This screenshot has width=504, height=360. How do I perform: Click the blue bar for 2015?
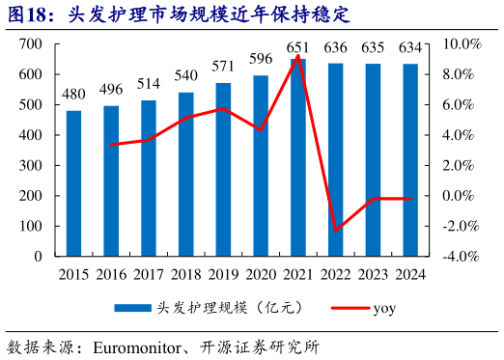click(x=73, y=183)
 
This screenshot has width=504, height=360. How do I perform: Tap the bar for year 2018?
click(x=185, y=174)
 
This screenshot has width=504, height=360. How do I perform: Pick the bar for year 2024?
click(x=410, y=160)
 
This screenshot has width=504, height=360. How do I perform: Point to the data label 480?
click(x=73, y=95)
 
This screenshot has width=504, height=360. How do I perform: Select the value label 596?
click(x=261, y=59)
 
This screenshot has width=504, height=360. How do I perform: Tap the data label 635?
click(x=373, y=47)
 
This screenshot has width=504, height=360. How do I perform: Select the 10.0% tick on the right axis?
click(x=462, y=44)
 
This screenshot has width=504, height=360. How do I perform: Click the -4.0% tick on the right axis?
click(x=462, y=257)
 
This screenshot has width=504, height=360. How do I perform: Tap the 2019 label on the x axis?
click(x=223, y=275)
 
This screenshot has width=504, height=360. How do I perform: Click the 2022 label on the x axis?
click(x=335, y=275)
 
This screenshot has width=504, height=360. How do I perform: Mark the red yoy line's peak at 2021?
click(x=298, y=56)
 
